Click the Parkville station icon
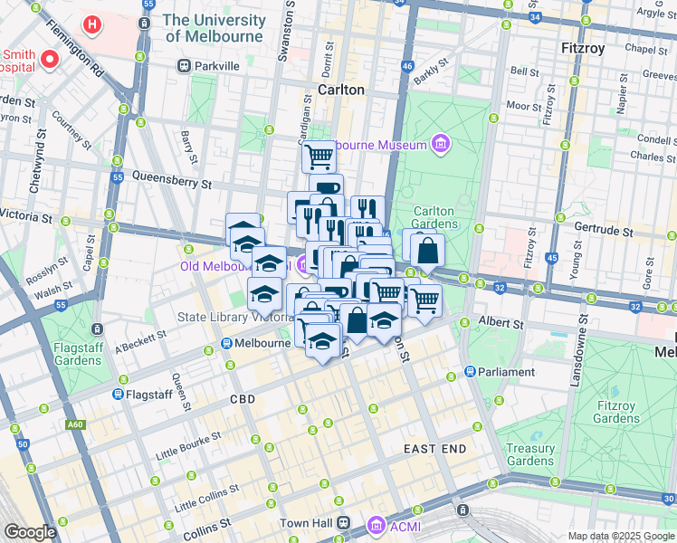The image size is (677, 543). coord(184,66)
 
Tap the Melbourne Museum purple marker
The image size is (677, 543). coord(440,144)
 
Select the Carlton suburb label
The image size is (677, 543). coord(341,90)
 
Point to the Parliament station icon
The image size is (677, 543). coord(471,372)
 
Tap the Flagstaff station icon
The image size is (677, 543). coord(118,395)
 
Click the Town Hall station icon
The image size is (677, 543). coord(343,523)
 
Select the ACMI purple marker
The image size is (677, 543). coord(376,524)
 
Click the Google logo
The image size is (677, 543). coord(31,531)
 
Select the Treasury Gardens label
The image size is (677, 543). coord(530,454)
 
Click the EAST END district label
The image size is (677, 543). coord(434,449)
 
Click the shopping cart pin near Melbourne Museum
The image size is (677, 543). coord(319,156)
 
